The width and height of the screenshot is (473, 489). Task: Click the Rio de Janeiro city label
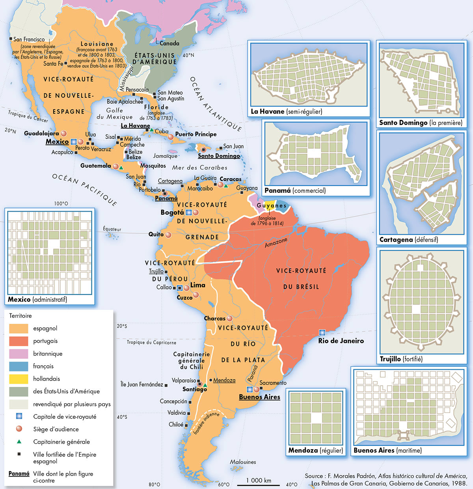click(341, 341)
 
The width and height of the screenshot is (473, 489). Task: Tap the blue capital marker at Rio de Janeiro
click(322, 332)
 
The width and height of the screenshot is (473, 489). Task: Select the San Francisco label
click(29, 39)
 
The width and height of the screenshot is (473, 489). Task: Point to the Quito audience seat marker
click(168, 235)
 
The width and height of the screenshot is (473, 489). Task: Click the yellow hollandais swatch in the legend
click(19, 379)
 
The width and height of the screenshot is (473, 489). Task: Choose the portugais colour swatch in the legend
click(19, 341)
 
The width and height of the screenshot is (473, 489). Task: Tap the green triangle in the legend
click(19, 442)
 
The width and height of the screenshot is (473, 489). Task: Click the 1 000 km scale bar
click(259, 485)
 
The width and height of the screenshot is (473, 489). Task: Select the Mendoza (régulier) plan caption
click(315, 450)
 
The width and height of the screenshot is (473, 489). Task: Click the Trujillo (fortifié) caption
click(401, 359)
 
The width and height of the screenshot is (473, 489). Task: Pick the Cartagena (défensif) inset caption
click(408, 239)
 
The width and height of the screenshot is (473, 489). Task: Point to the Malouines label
click(243, 462)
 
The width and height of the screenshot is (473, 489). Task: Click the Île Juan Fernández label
click(142, 384)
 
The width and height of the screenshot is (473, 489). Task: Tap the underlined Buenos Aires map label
click(259, 397)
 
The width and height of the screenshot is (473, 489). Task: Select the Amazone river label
click(276, 243)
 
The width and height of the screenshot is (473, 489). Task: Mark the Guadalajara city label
click(41, 133)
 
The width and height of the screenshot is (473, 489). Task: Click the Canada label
click(169, 43)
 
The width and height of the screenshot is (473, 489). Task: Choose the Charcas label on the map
click(214, 318)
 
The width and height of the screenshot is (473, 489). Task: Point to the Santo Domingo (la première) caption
click(421, 123)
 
